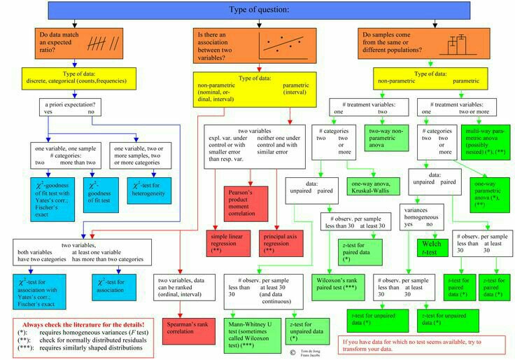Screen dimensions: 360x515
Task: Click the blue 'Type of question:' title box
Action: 258,10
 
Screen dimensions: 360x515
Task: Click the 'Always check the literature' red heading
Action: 83,326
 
